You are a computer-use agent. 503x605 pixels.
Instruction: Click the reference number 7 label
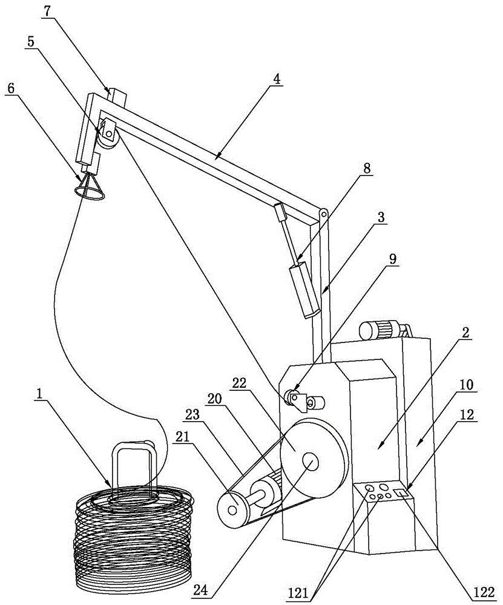point(47,11)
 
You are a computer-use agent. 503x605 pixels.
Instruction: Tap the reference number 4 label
point(276,79)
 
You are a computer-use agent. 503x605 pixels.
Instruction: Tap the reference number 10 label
point(467,384)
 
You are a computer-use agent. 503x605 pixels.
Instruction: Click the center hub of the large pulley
point(311,462)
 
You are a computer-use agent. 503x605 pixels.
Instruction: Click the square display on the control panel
point(401,492)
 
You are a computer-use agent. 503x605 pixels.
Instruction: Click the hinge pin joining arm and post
point(323,213)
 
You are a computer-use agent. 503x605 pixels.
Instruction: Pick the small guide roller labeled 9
point(292,397)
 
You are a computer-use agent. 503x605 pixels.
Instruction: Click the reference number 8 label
point(366,169)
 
